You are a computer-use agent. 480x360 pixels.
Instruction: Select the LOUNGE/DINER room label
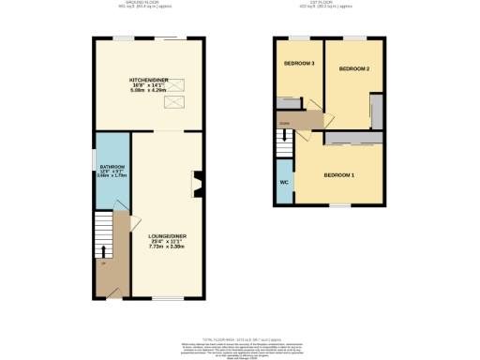(x=164, y=235)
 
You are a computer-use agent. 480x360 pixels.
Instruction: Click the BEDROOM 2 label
(x=354, y=69)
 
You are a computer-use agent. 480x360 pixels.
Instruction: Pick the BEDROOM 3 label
(x=299, y=64)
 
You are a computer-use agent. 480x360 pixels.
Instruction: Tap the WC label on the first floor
(x=283, y=183)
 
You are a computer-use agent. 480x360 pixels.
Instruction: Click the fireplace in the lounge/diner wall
(x=197, y=185)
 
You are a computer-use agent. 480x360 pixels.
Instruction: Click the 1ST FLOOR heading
(x=327, y=3)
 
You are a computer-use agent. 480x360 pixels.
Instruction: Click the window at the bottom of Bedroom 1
(x=337, y=205)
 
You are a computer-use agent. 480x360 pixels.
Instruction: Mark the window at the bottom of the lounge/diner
(x=168, y=299)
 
